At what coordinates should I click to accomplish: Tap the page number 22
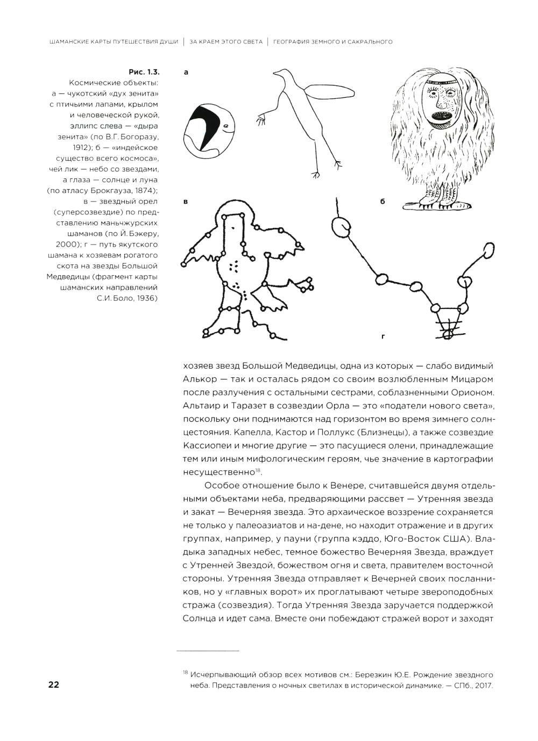(54, 685)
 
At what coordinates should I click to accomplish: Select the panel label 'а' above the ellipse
(186, 71)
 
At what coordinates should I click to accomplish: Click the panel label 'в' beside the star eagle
(186, 202)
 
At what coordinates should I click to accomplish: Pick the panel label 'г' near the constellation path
(383, 337)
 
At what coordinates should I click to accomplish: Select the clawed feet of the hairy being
(440, 201)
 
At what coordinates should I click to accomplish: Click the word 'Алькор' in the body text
(199, 379)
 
